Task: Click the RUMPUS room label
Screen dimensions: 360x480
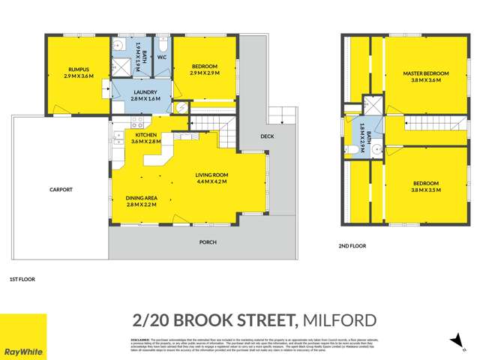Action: click(x=78, y=70)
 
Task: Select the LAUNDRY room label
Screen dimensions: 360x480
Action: click(x=145, y=92)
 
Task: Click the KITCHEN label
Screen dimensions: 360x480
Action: click(x=145, y=135)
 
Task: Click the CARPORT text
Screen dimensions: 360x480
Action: click(x=61, y=190)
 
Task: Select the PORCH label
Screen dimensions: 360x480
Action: click(x=208, y=242)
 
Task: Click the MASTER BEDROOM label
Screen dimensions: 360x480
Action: click(x=425, y=73)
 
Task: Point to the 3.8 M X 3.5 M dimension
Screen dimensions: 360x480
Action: click(x=425, y=190)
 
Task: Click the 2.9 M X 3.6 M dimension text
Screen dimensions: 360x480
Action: click(x=78, y=76)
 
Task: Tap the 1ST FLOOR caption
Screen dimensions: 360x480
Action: click(x=22, y=279)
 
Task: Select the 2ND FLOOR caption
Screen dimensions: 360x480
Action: click(x=352, y=244)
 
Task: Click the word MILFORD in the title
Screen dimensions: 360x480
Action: click(x=338, y=321)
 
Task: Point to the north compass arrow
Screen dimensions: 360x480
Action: click(x=453, y=340)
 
